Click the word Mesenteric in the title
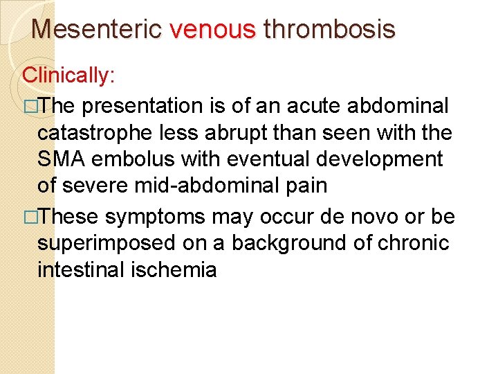97,29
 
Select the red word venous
212,29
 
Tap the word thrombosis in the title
329,29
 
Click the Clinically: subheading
68,75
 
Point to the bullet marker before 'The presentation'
29,107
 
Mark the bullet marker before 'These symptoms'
29,217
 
